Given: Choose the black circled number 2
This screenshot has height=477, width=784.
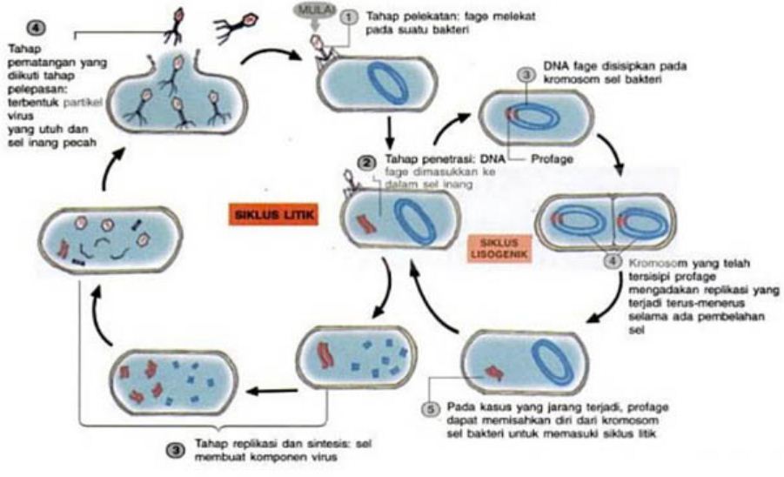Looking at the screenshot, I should click(368, 160).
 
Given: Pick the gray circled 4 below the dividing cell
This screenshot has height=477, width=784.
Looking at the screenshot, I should click(613, 260).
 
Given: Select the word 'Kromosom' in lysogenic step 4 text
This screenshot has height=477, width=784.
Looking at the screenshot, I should click(653, 259).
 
